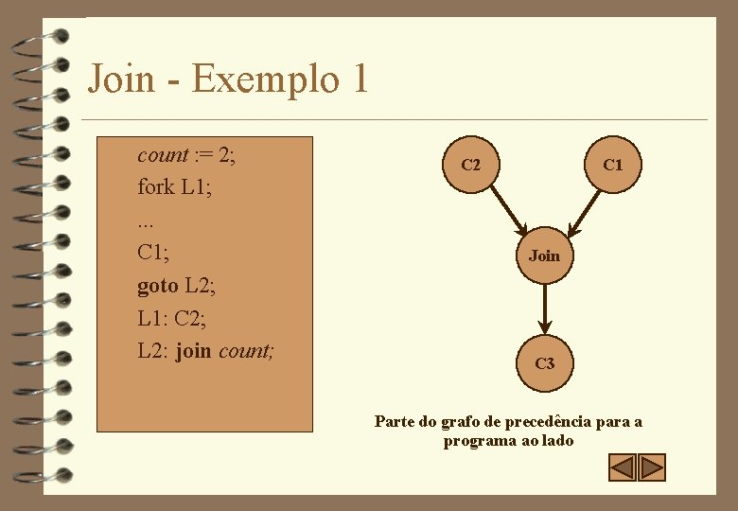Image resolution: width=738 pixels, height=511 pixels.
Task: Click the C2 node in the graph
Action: pos(470,166)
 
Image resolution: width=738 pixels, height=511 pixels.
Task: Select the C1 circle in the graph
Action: pos(613,166)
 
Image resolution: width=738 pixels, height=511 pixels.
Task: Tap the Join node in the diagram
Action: pos(545,255)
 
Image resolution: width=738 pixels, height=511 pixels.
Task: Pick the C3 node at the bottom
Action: pos(545,362)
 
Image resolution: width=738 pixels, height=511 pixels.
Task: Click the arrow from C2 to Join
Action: pos(504,209)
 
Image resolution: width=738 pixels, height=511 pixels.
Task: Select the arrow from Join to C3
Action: pos(545,308)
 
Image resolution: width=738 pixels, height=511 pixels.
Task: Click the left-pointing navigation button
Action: pos(622,467)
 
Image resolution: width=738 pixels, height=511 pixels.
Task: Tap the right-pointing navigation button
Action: pos(653,467)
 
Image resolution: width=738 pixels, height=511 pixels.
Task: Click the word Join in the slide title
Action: pos(120,78)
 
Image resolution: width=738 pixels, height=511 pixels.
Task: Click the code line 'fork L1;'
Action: pos(174,187)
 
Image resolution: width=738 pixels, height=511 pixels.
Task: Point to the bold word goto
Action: pos(157,286)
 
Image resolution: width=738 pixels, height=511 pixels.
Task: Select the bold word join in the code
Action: pos(193,351)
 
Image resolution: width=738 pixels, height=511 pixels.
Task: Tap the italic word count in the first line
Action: pos(162,155)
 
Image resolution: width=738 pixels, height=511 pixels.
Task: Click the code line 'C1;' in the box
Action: pos(153,253)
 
